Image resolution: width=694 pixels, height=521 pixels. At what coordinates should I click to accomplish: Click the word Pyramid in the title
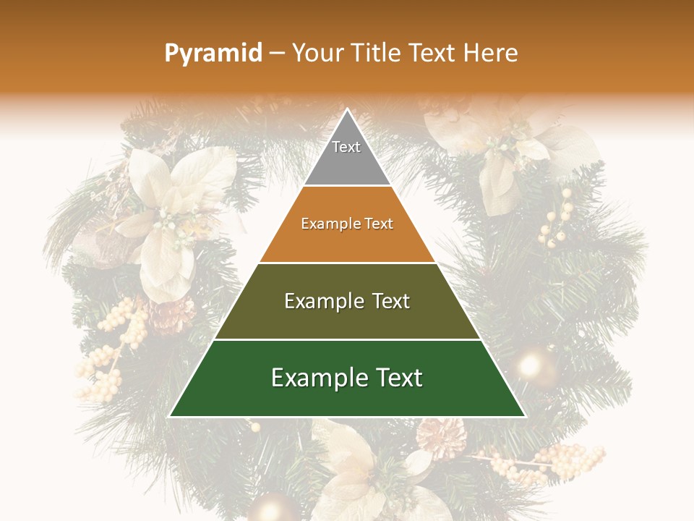(x=213, y=54)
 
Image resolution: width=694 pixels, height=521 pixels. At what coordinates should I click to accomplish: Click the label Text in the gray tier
(x=346, y=147)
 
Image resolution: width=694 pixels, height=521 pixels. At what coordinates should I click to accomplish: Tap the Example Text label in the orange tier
(x=347, y=224)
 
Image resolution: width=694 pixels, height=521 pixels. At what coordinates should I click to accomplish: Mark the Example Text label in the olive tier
(x=347, y=301)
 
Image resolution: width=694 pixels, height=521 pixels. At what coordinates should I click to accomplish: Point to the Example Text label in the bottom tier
(x=347, y=378)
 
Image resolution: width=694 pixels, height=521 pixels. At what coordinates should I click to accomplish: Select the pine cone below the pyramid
(x=440, y=437)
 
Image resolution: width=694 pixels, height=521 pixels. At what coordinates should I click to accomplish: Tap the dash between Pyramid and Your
(x=277, y=54)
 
